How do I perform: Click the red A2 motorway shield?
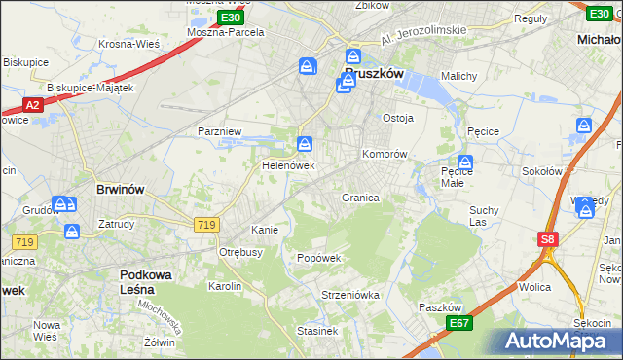pos(32,105)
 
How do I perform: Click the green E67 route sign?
pos(459,323)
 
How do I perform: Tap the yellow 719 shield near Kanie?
pos(205,225)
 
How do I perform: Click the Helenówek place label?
pos(287,165)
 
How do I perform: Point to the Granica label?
pos(359,198)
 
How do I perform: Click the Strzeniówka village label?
pos(349,294)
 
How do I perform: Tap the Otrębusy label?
pos(242,252)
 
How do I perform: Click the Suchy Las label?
pos(484,215)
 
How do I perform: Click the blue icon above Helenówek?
pos(306,146)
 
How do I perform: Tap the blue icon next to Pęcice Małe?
pos(465,163)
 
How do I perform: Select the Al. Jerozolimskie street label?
pos(424,32)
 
